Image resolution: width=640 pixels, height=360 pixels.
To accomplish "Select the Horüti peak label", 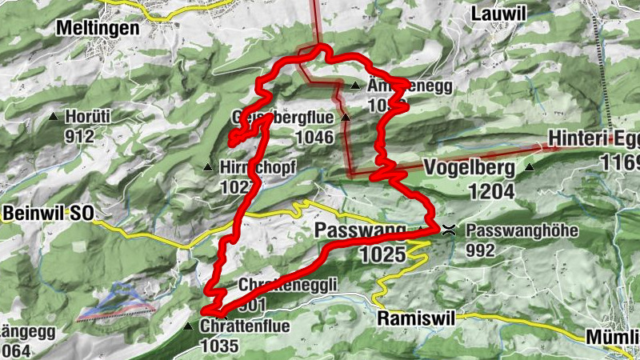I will tap(88, 116).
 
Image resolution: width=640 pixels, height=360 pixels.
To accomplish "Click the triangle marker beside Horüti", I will tap(54, 117).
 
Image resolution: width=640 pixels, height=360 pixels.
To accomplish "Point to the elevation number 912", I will tap(79, 135).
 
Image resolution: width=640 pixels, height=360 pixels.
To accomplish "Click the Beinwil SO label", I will tap(47, 214).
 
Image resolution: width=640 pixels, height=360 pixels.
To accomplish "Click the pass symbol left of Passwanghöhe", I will tap(450, 230).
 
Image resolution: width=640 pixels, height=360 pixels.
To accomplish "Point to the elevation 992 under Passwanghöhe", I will tap(482, 250).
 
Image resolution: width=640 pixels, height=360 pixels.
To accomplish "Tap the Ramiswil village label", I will tap(414, 318).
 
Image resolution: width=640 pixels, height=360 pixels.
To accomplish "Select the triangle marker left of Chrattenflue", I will tap(188, 326).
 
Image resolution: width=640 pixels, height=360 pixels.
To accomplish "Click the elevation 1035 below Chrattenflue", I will tap(219, 346).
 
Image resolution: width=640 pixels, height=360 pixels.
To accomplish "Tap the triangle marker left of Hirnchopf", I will tap(208, 168).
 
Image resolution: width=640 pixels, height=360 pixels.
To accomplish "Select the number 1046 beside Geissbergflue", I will tap(314, 137).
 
